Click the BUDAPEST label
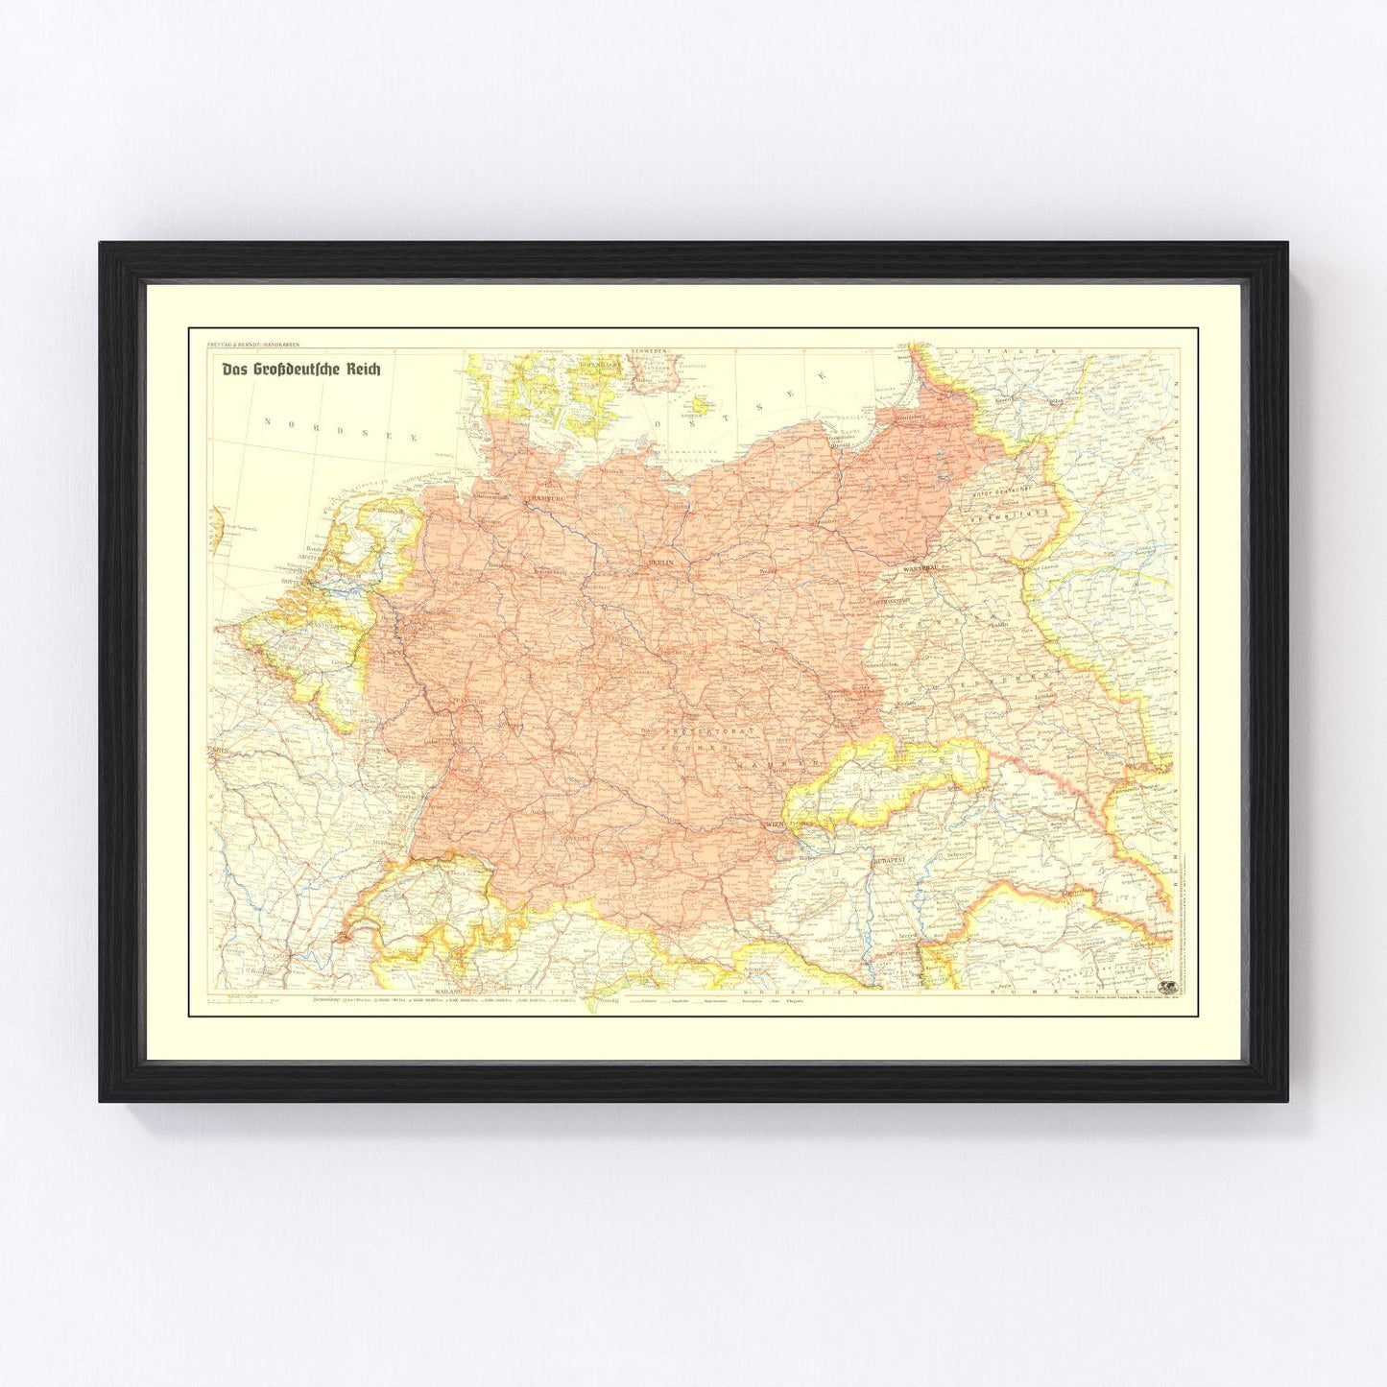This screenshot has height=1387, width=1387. click(890, 861)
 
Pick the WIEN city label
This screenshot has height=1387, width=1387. click(771, 825)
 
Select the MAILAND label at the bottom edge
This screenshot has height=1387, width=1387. click(448, 990)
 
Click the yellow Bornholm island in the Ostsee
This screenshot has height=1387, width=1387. click(699, 405)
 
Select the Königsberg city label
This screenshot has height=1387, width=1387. click(911, 418)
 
